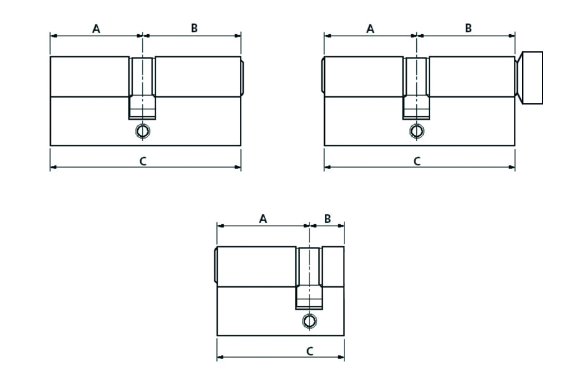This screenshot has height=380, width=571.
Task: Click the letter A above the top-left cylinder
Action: coord(96,28)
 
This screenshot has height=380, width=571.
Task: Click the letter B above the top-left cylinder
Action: coord(194,28)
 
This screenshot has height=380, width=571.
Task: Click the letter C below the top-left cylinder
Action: coord(143,161)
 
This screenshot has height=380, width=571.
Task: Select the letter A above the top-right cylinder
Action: coord(371,28)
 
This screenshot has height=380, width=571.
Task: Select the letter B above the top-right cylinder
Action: coord(468,28)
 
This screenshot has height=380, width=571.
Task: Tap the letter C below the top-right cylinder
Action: coord(417,161)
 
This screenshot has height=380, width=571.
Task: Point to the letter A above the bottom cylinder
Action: coord(263,218)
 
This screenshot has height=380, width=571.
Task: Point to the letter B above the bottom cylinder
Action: coord(327,218)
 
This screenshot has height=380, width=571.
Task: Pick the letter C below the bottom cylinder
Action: coord(310,350)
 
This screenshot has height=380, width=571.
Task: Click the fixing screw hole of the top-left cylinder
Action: coord(143,131)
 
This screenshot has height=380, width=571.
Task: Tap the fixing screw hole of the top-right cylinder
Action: coord(416,131)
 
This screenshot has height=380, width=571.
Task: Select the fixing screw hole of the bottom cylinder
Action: coord(309,321)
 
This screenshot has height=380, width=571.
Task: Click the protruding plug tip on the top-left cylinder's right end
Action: coord(243,77)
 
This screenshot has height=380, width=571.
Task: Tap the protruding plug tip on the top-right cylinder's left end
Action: coord(322,77)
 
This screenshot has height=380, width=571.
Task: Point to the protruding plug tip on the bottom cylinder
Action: coord(214,267)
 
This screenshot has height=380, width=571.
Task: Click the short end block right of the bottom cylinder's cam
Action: coord(334,267)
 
